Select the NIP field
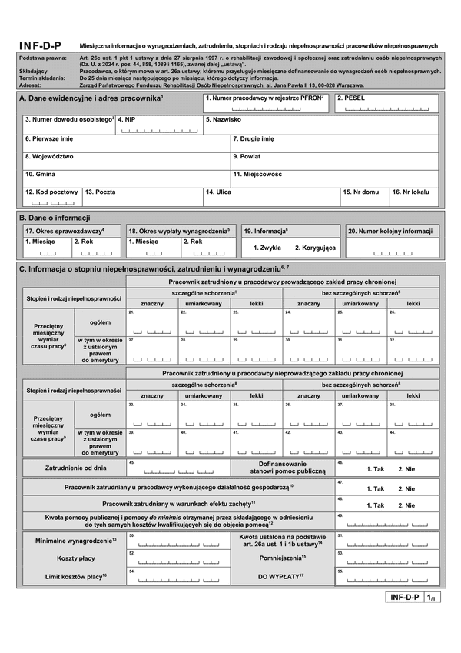point(158,126)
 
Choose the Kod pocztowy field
point(51,197)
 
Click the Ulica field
point(270,197)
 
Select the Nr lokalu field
point(415,197)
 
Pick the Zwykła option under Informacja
point(267,248)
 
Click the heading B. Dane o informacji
point(55,218)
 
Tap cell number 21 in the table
point(151,323)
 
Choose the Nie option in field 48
point(406,505)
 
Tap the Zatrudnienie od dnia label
point(75,468)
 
